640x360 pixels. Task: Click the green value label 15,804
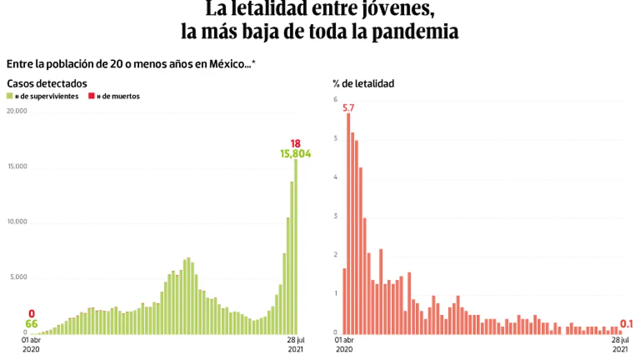click(295, 154)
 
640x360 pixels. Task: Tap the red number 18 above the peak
click(295, 143)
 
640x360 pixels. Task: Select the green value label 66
click(31, 324)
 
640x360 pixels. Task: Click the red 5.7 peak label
click(348, 108)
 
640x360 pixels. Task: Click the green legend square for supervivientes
click(9, 97)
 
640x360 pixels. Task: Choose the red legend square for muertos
click(92, 97)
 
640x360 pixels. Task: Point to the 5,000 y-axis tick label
click(18, 277)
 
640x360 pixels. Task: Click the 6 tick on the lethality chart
click(335, 99)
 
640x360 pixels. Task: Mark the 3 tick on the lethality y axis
click(335, 216)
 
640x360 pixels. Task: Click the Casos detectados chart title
click(47, 84)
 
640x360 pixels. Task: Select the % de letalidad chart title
click(364, 84)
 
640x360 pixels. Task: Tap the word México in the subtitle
click(229, 64)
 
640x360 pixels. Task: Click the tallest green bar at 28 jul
click(295, 245)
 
